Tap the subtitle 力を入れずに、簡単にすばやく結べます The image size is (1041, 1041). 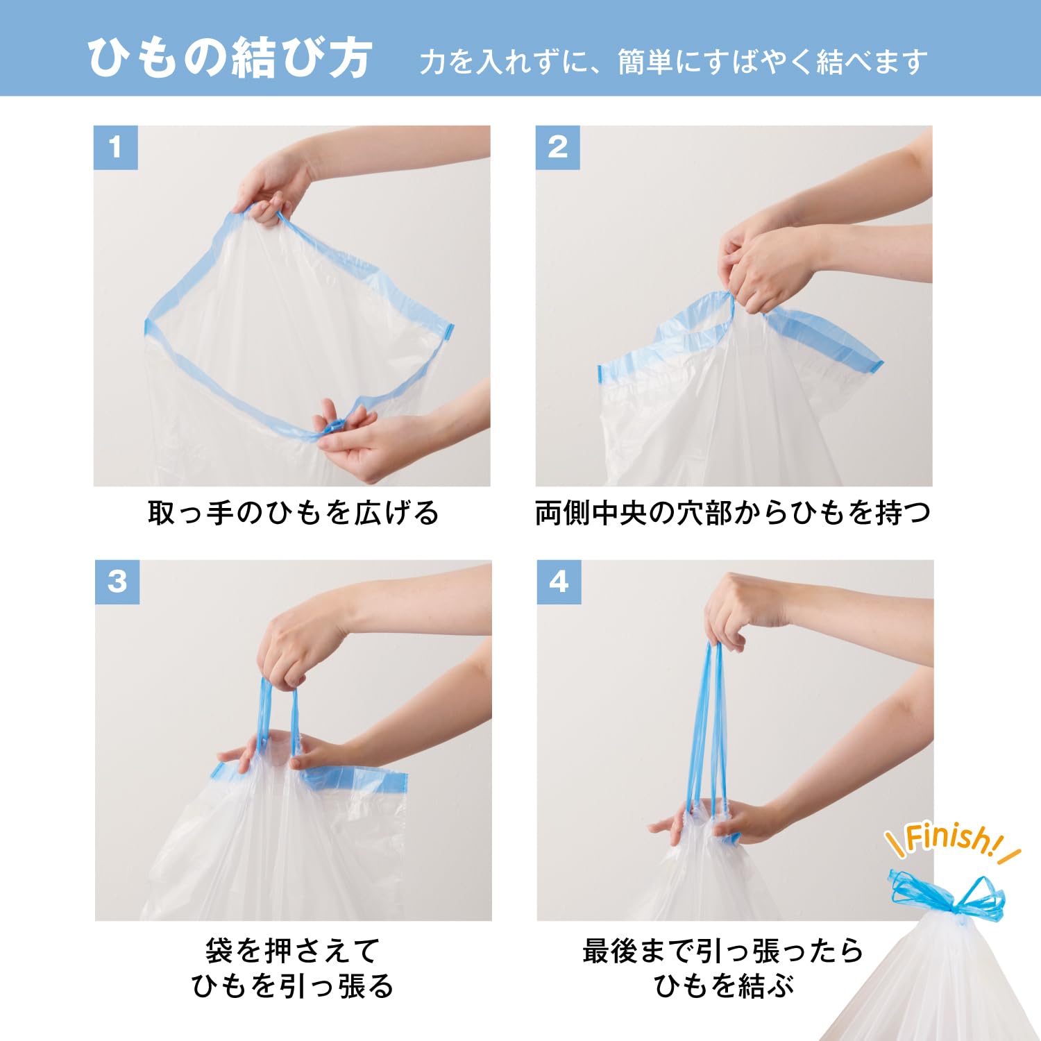coord(673,62)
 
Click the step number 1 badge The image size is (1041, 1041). coord(115,147)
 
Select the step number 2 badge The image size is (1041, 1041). coord(557,147)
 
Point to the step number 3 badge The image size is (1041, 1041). coord(117,582)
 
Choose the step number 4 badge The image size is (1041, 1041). coord(559,582)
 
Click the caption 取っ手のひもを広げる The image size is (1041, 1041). coord(293,514)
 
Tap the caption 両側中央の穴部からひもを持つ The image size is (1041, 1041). coord(733,514)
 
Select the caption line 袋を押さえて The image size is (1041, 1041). coord(293,951)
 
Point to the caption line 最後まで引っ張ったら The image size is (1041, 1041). coord(723,951)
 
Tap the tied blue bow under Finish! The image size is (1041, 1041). coord(948,898)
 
